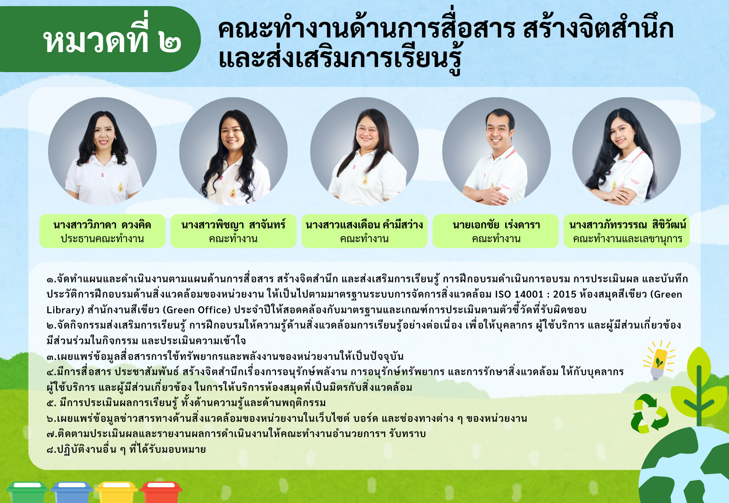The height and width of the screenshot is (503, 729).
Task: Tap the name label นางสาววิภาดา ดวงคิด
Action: (102, 225)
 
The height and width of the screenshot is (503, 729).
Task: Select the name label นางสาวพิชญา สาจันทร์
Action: (233, 225)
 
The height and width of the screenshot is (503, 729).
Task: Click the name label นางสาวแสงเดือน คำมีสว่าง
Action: (364, 225)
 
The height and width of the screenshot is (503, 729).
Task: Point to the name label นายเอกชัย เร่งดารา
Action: (496, 225)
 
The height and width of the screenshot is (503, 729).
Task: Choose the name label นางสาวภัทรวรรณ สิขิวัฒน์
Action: (627, 225)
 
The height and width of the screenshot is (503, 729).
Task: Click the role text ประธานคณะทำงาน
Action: (102, 239)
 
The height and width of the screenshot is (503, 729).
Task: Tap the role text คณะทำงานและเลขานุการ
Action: (627, 239)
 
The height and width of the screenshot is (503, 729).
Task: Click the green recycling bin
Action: (27, 492)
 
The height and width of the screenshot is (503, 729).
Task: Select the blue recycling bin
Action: (72, 492)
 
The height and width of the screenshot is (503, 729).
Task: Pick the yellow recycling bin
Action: (117, 492)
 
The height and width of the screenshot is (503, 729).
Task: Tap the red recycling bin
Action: (161, 492)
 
